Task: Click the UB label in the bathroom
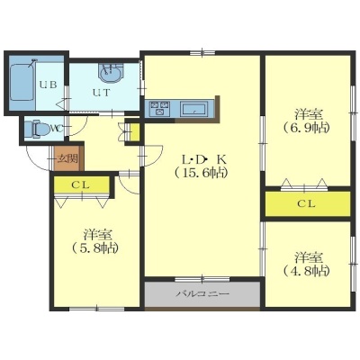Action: (x=49, y=85)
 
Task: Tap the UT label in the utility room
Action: (x=101, y=93)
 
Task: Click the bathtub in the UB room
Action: (x=21, y=82)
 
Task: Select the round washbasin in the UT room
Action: (x=111, y=72)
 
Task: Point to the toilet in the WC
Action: (x=35, y=130)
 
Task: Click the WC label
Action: (x=56, y=129)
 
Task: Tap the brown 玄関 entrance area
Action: (x=67, y=158)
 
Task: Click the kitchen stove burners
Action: (x=159, y=109)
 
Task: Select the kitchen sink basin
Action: (x=193, y=109)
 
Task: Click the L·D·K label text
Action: (x=204, y=159)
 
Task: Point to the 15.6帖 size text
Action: (x=201, y=173)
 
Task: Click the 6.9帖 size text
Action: (x=306, y=128)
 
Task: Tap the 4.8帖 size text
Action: (x=306, y=271)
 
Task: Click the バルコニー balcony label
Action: (x=202, y=293)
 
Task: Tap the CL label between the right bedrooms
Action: (x=306, y=204)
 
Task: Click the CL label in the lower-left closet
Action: (x=80, y=185)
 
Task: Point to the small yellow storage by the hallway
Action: (x=135, y=132)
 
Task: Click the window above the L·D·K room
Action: (x=202, y=53)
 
